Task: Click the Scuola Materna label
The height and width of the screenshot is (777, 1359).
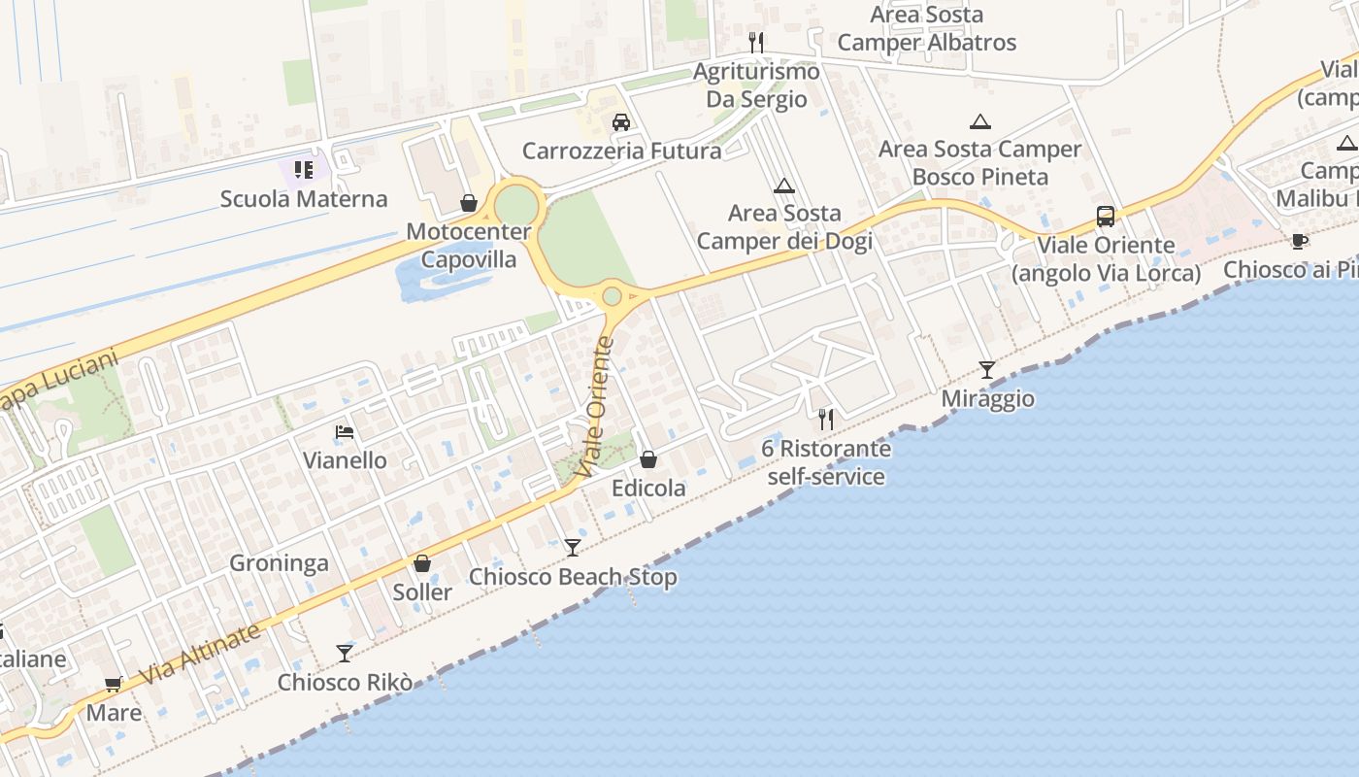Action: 303,199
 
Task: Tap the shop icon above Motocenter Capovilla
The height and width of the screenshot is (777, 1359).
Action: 469,203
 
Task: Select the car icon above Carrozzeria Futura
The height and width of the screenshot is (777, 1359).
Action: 621,122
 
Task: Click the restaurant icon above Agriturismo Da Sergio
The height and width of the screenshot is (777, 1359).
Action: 756,42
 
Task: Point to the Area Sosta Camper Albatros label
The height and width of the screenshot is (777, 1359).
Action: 926,29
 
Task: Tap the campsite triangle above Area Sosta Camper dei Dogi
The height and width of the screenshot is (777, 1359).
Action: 783,186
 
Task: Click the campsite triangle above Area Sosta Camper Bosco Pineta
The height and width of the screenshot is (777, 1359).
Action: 980,121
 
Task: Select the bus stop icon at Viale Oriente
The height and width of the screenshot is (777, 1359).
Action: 1105,217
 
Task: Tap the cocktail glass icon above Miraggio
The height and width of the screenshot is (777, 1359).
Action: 987,369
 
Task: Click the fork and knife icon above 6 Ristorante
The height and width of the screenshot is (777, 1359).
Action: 826,420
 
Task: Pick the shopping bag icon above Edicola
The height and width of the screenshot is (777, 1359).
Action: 647,459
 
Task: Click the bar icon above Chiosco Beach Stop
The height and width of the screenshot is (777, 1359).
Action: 573,548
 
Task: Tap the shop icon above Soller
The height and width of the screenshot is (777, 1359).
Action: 422,563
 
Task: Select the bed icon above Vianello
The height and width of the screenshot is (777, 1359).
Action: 344,432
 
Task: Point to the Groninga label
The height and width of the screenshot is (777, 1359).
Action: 279,563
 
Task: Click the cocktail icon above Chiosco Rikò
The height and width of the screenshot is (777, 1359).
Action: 345,653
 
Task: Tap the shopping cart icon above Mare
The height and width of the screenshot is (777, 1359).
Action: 114,684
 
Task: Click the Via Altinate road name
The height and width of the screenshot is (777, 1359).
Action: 200,654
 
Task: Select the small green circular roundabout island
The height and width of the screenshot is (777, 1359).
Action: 612,295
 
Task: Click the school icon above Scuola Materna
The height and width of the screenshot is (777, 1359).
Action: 304,170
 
